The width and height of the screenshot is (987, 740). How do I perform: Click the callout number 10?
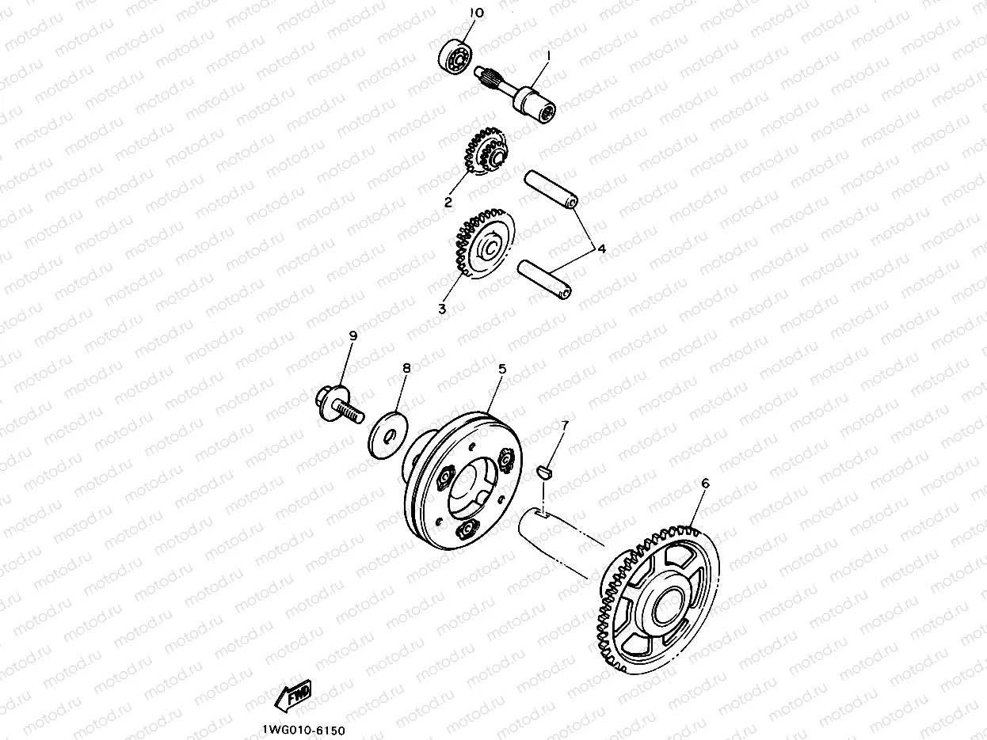(476, 13)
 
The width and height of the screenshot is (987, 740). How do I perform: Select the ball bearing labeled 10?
(455, 57)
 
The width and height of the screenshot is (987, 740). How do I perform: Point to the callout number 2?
(448, 202)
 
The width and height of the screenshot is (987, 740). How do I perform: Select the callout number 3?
(443, 309)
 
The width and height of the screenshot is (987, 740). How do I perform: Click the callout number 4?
(602, 249)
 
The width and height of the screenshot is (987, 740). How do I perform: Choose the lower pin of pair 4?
(544, 280)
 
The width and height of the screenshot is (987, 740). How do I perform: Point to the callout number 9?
(353, 336)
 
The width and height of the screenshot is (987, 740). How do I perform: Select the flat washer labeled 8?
(388, 435)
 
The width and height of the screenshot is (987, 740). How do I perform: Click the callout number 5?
(502, 369)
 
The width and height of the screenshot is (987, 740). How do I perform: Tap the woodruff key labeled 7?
(545, 472)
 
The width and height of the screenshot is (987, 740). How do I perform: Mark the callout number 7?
(565, 424)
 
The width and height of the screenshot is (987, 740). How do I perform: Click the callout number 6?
(705, 484)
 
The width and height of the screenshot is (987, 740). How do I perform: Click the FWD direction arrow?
(293, 696)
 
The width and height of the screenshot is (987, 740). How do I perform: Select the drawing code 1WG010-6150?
(304, 731)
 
